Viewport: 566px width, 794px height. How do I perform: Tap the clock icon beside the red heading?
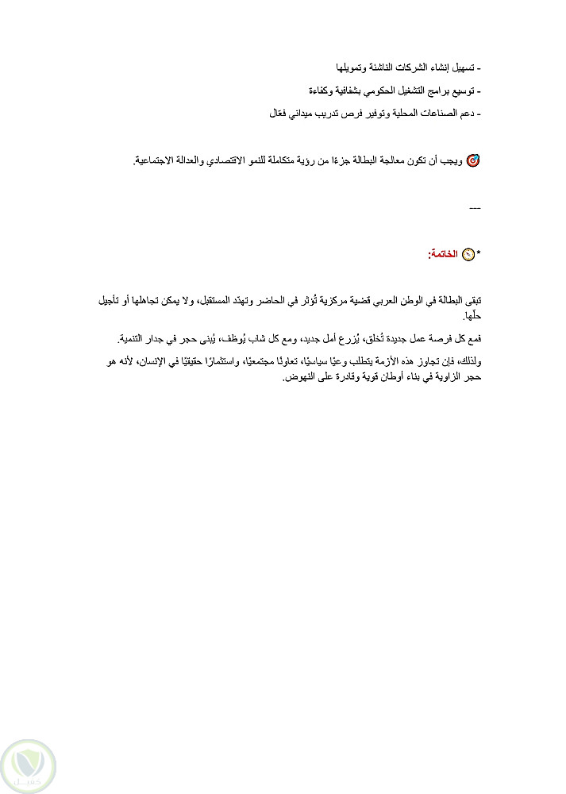[x=468, y=254]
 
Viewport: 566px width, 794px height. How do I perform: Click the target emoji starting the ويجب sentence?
[x=473, y=160]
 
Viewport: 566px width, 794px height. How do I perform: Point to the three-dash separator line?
[x=476, y=208]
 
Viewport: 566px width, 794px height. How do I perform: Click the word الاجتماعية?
[x=160, y=160]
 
